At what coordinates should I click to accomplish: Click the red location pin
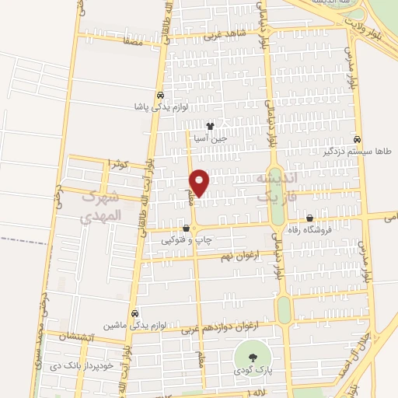pyautogui.click(x=200, y=183)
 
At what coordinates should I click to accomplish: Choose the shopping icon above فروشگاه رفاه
pyautogui.click(x=310, y=218)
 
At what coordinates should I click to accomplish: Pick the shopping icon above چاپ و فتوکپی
pyautogui.click(x=186, y=229)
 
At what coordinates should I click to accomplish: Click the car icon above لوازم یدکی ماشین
pyautogui.click(x=135, y=312)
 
